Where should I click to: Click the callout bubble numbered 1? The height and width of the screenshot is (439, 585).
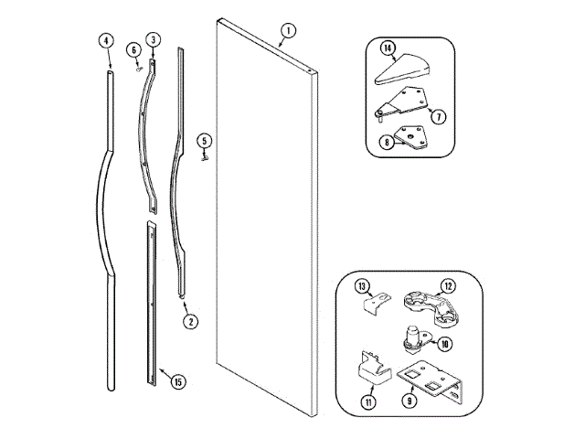pos(288,31)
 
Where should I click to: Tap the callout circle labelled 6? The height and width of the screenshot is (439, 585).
pos(133,48)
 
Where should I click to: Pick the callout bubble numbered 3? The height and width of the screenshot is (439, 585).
pos(154,38)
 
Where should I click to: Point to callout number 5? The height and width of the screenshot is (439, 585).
pos(205,140)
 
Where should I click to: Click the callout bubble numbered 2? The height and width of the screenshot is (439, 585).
pos(190,321)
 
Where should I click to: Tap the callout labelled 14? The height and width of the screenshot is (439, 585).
pos(388,47)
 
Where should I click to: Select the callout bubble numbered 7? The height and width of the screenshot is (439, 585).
pos(440,118)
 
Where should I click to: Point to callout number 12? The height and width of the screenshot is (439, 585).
pos(448,286)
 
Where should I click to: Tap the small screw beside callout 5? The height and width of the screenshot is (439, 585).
pos(205,155)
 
